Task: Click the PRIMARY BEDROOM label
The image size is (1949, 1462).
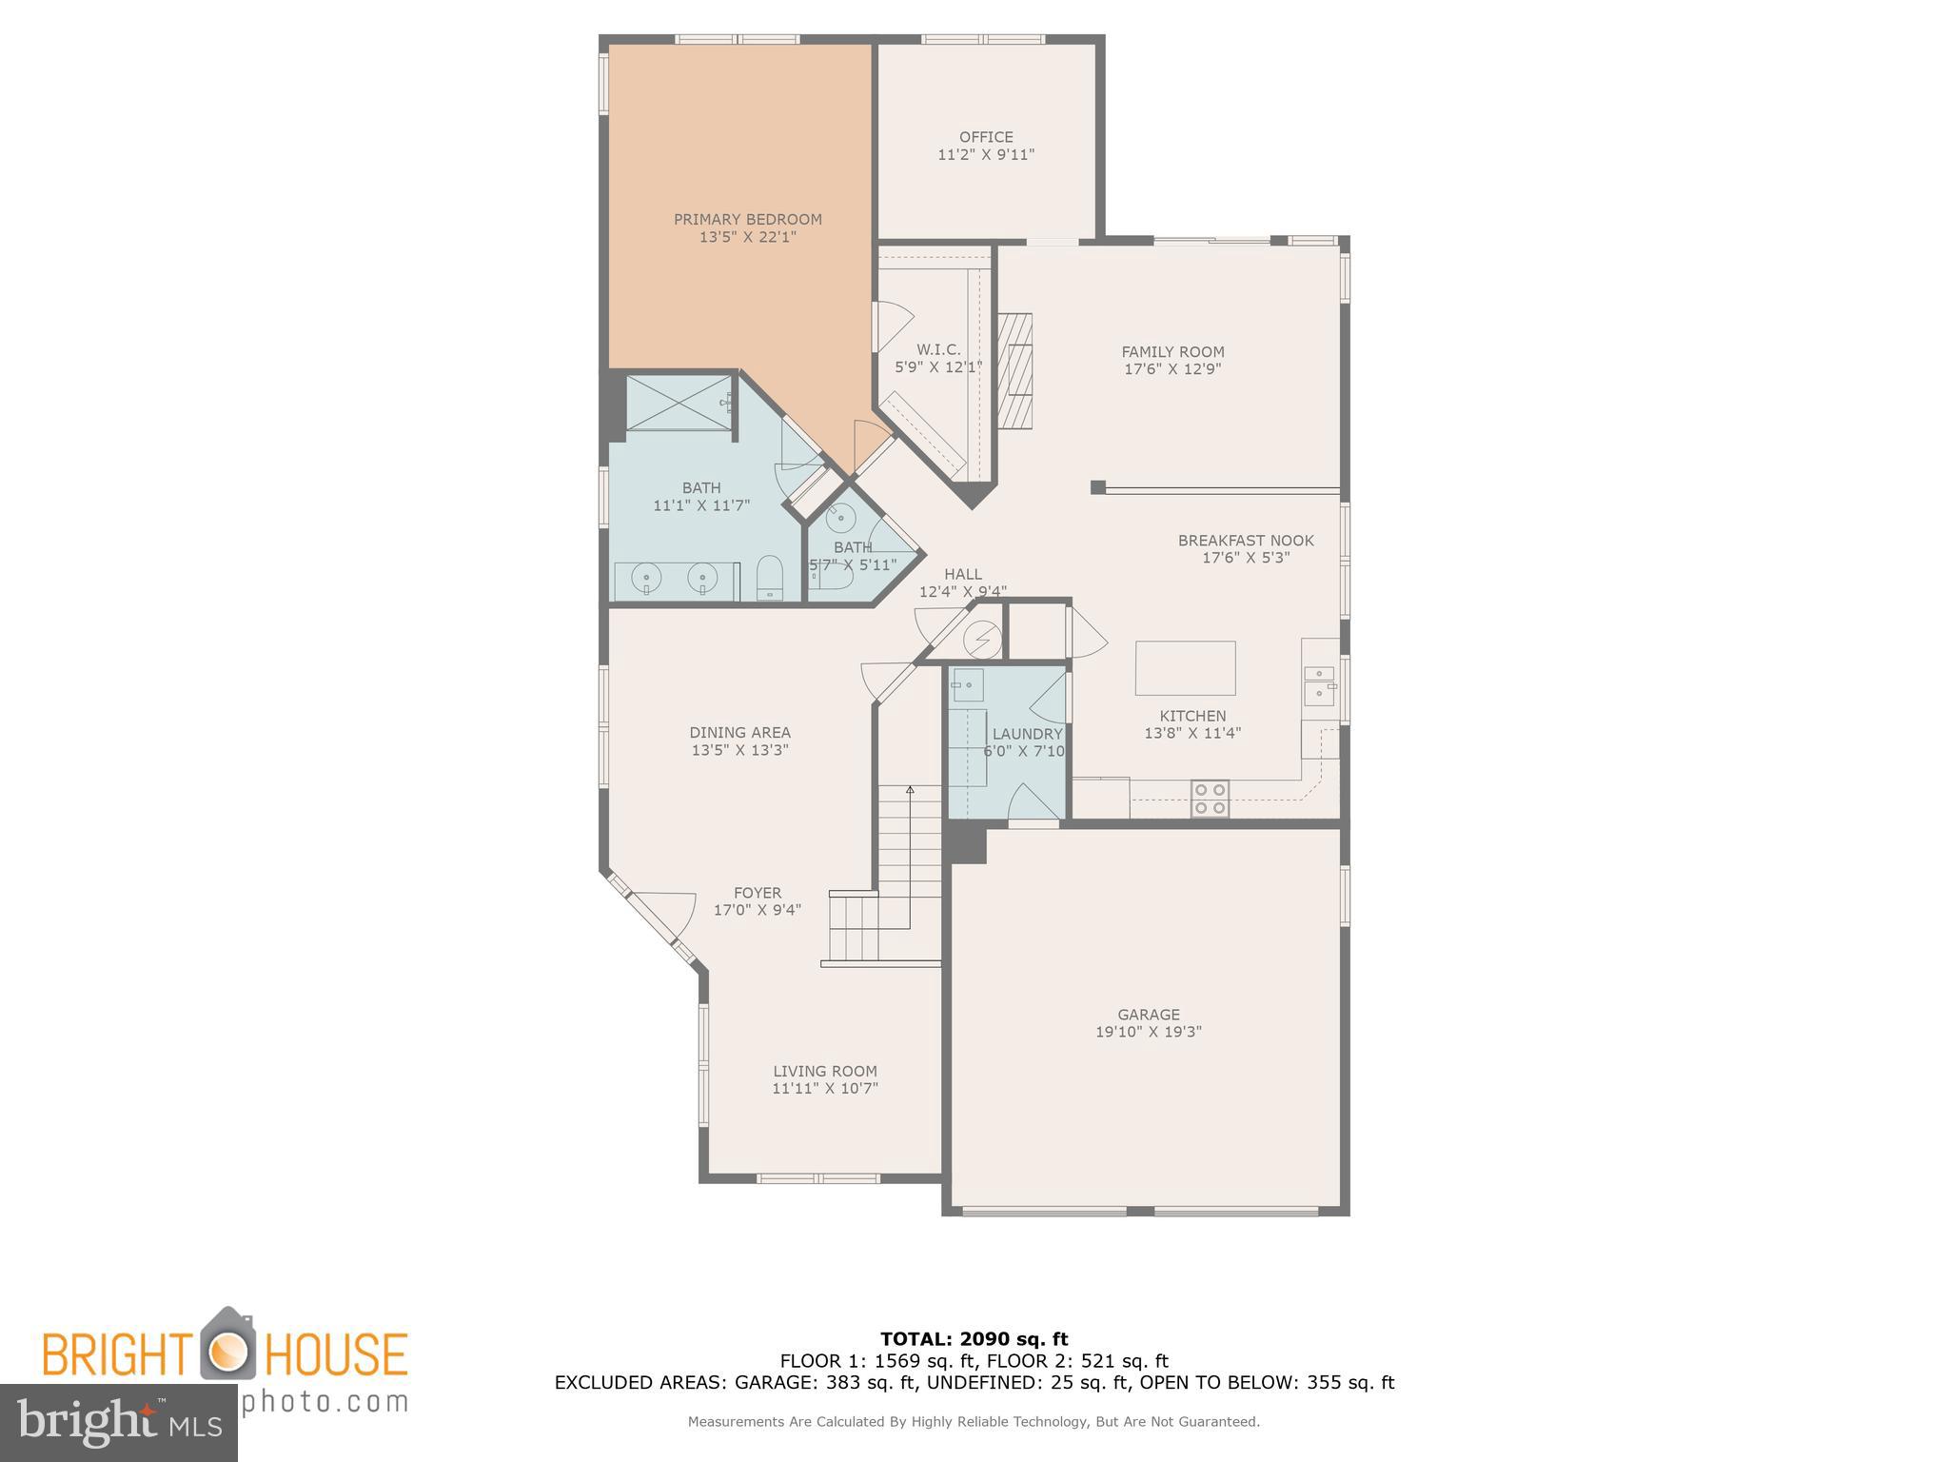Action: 747,219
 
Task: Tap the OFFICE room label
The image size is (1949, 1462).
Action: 986,137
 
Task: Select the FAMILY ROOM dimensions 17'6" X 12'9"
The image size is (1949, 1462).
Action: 1172,369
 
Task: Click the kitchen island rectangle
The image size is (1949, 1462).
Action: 1185,667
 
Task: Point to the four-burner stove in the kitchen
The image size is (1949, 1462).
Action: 1210,799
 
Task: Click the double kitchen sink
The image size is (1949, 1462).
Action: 1318,685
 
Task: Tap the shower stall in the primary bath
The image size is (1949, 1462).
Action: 679,404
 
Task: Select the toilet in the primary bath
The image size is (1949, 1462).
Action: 769,579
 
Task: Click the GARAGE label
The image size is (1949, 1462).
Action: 1149,1015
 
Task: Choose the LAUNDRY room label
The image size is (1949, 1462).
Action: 1027,734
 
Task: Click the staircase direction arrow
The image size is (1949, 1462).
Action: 910,790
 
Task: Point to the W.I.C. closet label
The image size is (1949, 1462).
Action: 938,349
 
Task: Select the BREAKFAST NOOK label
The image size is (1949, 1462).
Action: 1245,541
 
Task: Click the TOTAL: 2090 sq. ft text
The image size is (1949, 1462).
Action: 974,1339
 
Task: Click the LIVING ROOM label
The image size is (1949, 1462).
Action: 824,1071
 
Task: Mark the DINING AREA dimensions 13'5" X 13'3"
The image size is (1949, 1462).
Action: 739,750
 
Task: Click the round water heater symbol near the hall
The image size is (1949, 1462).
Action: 981,639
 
